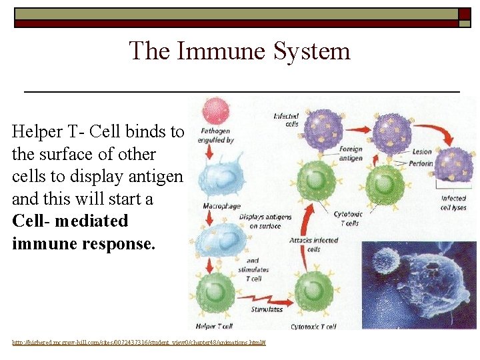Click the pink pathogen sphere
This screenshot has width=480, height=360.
coord(215,110)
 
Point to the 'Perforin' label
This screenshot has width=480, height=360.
coord(421,163)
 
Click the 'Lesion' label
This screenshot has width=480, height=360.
coord(421,151)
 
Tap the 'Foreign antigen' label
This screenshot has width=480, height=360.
coord(350,153)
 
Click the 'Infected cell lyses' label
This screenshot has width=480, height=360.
coord(453,203)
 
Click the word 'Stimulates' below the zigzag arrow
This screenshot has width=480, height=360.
coord(267,309)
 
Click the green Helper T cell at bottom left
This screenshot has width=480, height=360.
coord(215,291)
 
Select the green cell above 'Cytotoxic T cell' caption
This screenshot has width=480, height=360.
coord(313,290)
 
